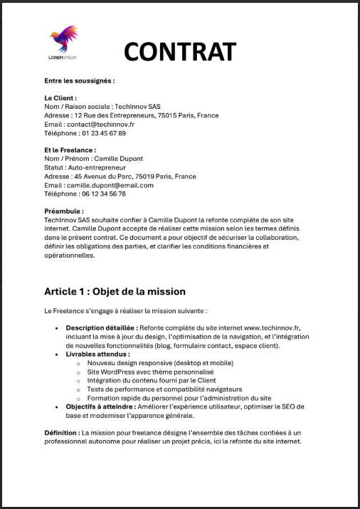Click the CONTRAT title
point(179,51)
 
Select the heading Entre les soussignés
point(79,80)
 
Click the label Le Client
point(60,98)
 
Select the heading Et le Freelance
point(70,150)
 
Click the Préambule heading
point(64,211)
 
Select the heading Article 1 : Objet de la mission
point(115,291)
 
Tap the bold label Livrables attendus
point(97,354)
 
